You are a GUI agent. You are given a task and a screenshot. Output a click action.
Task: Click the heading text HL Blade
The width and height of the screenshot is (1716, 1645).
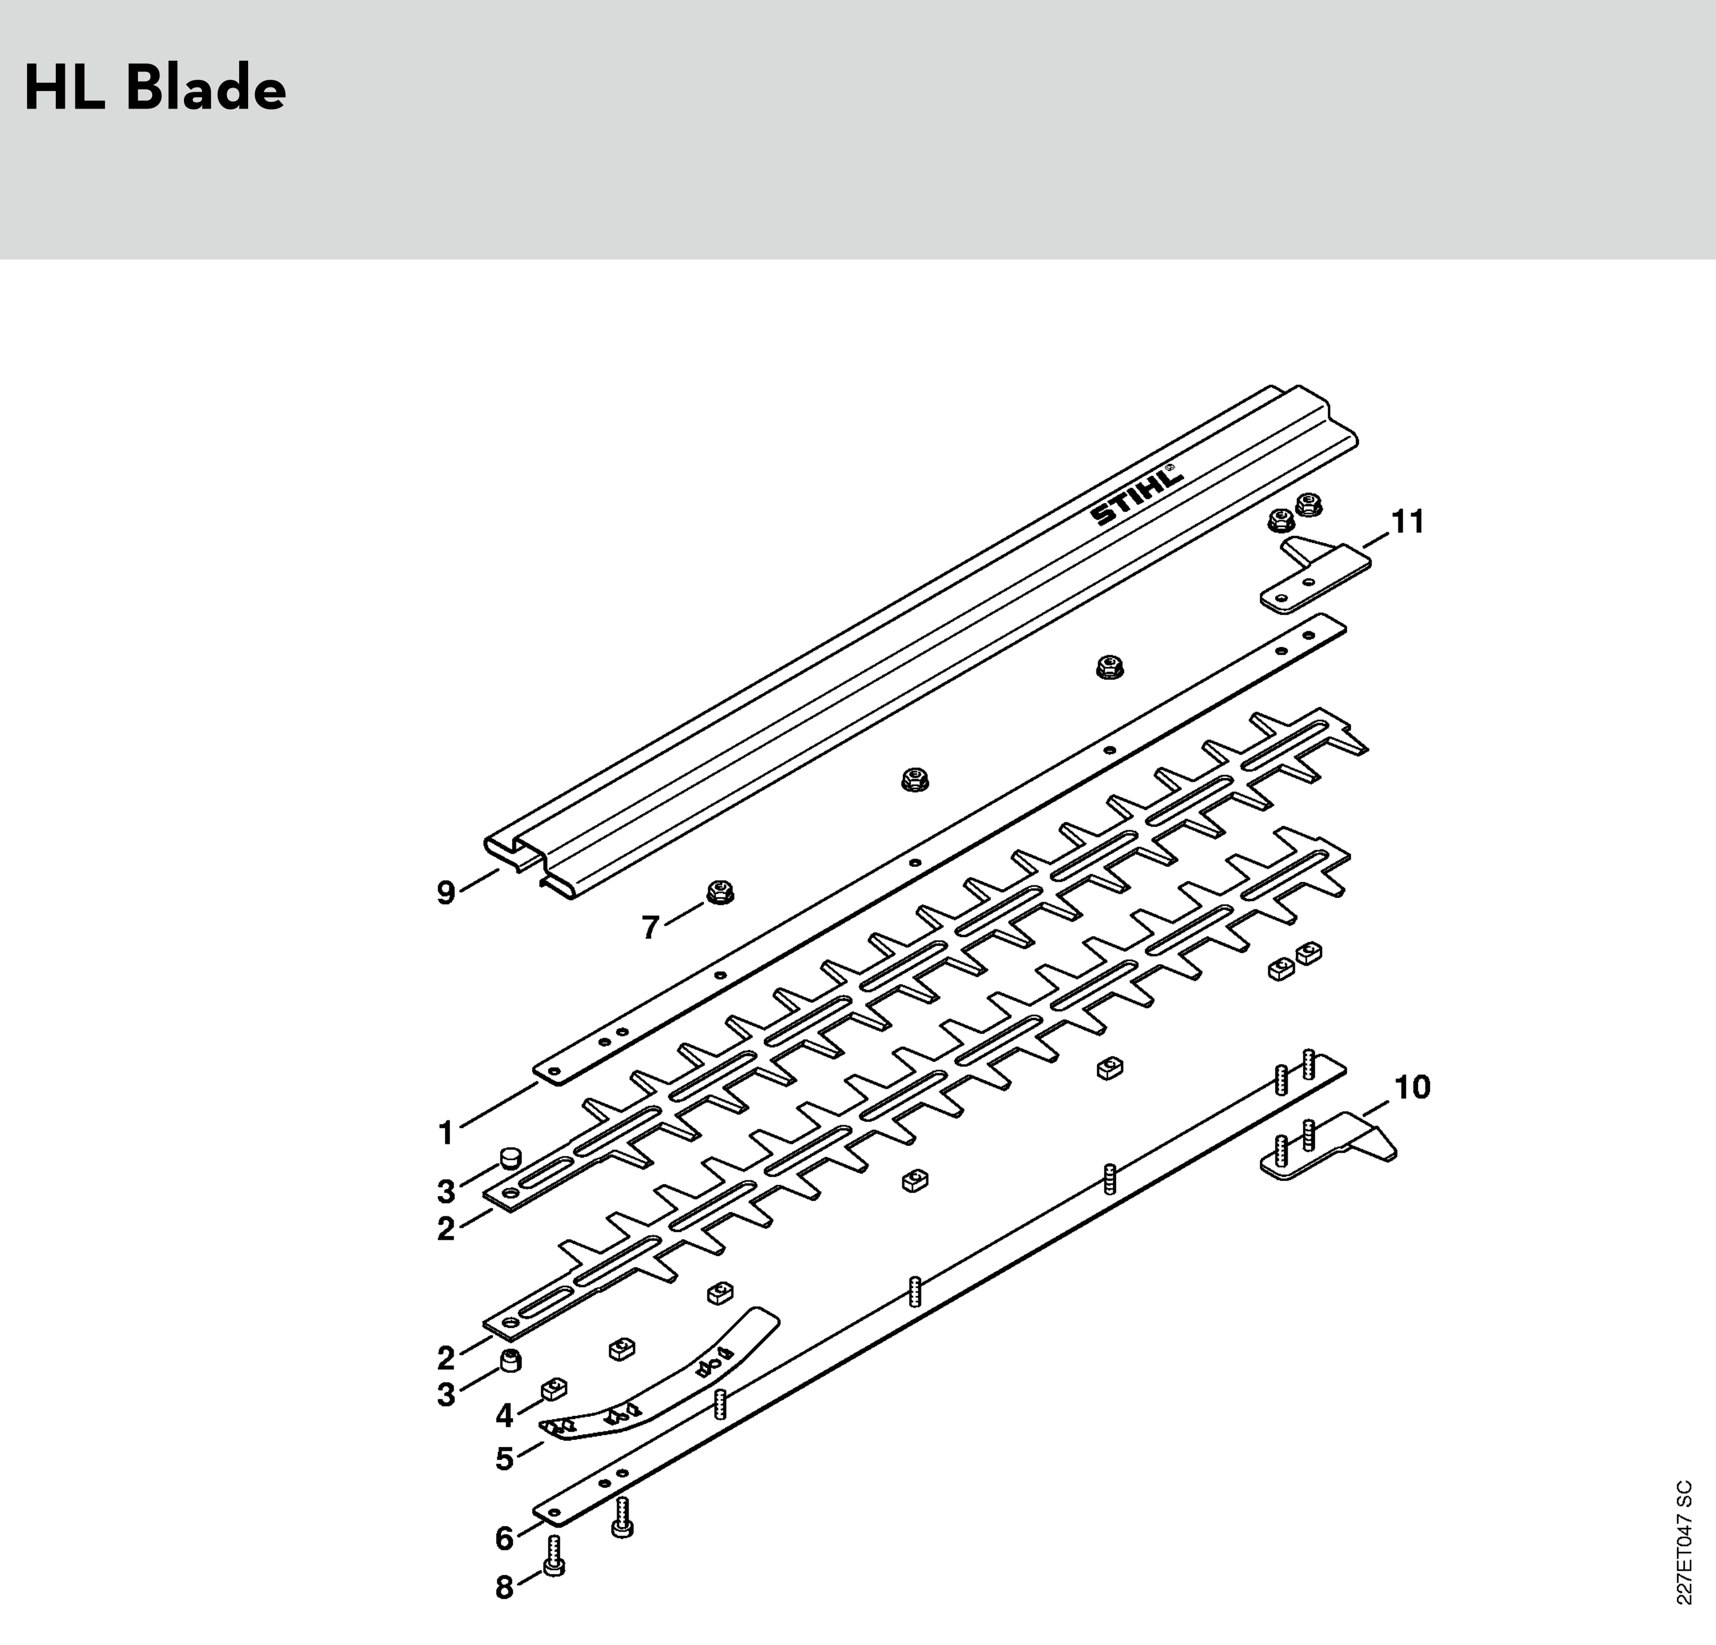click(x=155, y=89)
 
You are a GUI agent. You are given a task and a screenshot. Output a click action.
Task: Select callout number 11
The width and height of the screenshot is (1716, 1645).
click(x=1408, y=522)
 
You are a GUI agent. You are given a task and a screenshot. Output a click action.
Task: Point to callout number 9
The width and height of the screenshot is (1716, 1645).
click(x=446, y=893)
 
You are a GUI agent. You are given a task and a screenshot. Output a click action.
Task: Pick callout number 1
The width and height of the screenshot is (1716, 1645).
click(x=446, y=1134)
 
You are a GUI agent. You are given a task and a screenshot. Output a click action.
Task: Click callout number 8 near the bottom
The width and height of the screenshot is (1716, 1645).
click(x=504, y=1588)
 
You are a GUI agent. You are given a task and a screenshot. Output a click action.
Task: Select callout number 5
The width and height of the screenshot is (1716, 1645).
click(x=504, y=1459)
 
